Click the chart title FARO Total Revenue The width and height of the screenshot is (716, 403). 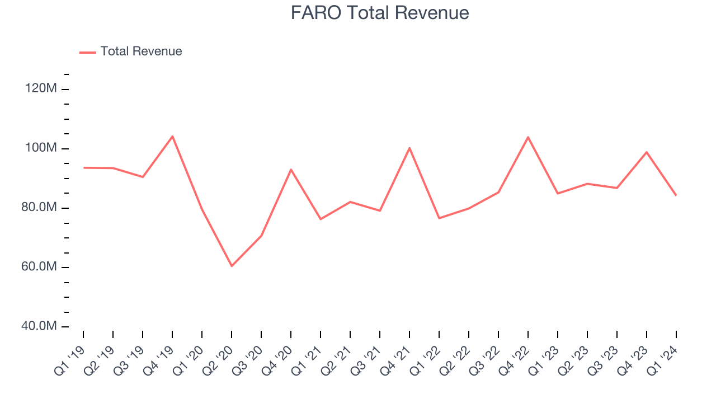pyautogui.click(x=380, y=13)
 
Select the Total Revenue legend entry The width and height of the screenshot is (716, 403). pyautogui.click(x=141, y=51)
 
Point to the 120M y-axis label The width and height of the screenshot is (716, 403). pyautogui.click(x=41, y=88)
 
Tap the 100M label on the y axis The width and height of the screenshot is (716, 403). pyautogui.click(x=41, y=148)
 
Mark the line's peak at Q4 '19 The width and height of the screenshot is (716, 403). pyautogui.click(x=172, y=136)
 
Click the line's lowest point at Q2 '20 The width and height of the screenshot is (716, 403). pyautogui.click(x=232, y=266)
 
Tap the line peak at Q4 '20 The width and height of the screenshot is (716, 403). pyautogui.click(x=291, y=169)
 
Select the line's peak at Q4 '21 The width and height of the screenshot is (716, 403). pyautogui.click(x=409, y=148)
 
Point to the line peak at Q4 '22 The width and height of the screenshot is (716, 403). pyautogui.click(x=528, y=137)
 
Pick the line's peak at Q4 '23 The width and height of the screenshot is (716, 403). pyautogui.click(x=647, y=152)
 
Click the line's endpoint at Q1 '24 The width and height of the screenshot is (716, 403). pyautogui.click(x=676, y=195)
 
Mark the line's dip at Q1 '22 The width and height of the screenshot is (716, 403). pyautogui.click(x=439, y=218)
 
